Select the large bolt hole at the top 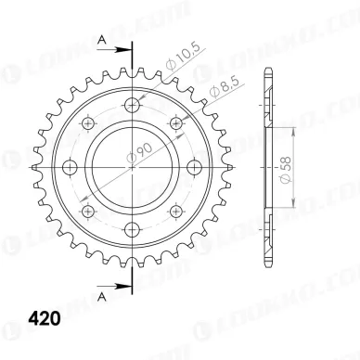135,102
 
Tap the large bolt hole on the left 70,167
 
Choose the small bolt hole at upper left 89,122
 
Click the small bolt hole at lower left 89,212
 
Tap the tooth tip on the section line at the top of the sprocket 135,71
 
